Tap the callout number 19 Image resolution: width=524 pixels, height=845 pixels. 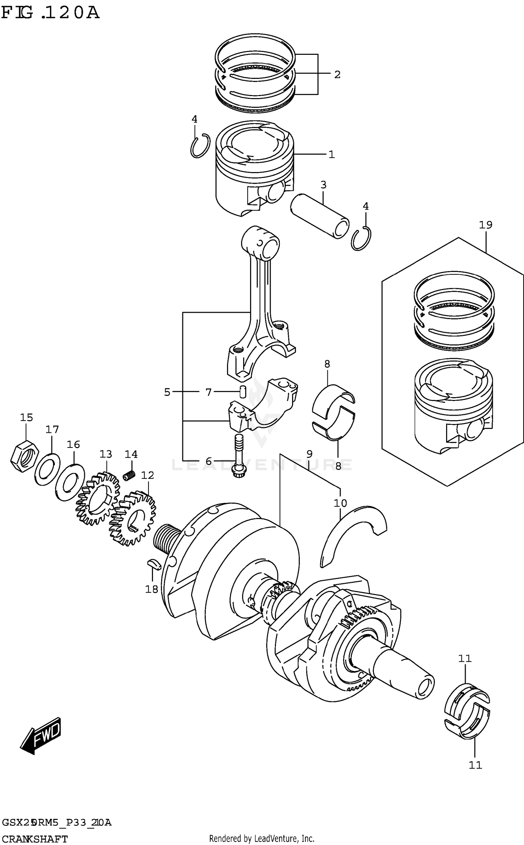485,225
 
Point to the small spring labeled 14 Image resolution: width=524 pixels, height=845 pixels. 130,475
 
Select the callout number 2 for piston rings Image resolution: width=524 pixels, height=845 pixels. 337,75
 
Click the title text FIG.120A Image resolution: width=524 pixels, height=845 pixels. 50,13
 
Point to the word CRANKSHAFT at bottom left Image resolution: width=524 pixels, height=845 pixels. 35,837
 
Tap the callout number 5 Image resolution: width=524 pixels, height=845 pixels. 167,392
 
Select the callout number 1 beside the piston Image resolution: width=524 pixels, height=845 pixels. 331,154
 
